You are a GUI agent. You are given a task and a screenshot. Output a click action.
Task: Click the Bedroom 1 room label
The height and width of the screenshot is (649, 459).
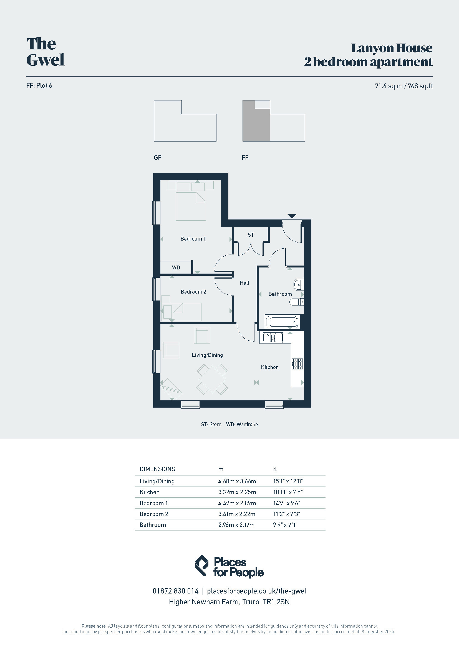point(193,239)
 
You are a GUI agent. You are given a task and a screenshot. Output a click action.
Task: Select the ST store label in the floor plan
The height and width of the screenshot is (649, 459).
point(251,235)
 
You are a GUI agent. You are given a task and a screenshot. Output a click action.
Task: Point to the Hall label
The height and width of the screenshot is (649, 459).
point(244,283)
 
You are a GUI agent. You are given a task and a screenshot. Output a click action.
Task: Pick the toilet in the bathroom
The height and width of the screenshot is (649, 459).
point(296,302)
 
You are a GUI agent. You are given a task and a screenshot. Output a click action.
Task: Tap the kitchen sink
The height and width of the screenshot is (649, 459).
point(273,337)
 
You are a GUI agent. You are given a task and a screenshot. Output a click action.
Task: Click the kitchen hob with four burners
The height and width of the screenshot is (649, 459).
point(297,364)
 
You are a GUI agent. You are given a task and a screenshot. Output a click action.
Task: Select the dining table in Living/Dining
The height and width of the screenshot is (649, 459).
point(212,379)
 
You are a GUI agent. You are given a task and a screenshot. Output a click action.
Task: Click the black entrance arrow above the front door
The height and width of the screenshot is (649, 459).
point(292,216)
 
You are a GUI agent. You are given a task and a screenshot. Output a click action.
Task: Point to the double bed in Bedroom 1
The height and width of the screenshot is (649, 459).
point(190,201)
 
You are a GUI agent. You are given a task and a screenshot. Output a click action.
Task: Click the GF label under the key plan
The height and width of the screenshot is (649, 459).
point(157,158)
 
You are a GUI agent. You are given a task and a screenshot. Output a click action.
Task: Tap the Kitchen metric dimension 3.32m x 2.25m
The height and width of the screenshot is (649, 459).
point(237,492)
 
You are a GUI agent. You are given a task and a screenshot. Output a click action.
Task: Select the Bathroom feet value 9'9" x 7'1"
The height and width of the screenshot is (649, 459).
point(285,525)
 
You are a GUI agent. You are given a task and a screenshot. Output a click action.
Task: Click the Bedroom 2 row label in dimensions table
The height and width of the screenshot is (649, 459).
point(154,514)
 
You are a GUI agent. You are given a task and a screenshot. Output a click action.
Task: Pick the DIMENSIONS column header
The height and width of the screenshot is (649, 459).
point(157,469)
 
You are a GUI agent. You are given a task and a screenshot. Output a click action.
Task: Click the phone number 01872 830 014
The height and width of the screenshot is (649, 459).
point(175,591)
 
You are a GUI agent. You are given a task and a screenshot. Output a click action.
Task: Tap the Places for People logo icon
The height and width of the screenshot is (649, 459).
point(202,565)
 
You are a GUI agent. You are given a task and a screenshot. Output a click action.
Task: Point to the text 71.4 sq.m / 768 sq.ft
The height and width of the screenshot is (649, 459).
point(404,86)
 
